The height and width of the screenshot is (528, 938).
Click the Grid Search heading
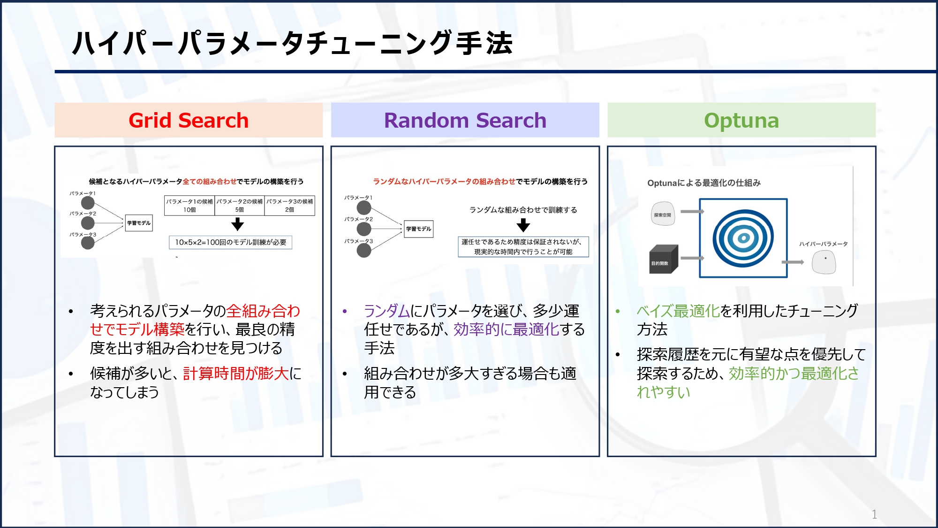[x=189, y=121]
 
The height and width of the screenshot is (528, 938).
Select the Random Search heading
[x=465, y=121]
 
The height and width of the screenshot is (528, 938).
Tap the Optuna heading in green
[x=741, y=121]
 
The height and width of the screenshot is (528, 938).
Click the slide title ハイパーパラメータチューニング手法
[x=292, y=43]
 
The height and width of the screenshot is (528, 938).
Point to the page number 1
[x=874, y=514]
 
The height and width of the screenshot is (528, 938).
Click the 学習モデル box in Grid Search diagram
[x=139, y=223]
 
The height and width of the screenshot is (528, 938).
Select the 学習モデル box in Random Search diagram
[x=418, y=229]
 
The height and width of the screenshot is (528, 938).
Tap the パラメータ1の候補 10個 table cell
[x=189, y=206]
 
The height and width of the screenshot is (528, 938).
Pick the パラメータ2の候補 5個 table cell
[x=239, y=206]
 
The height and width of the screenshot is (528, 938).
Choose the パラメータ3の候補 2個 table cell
[x=289, y=206]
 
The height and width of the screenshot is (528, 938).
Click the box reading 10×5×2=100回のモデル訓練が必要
[x=230, y=242]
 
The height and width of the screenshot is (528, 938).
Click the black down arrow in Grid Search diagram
[x=238, y=224]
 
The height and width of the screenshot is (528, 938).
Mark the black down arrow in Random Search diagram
[x=523, y=225]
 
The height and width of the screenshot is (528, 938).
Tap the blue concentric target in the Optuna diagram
[x=743, y=238]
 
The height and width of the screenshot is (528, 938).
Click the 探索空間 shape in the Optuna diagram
[x=663, y=214]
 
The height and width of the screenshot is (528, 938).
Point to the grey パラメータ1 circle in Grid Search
[x=88, y=203]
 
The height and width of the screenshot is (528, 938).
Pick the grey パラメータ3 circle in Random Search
[x=364, y=251]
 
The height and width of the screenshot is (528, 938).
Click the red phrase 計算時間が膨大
[x=235, y=374]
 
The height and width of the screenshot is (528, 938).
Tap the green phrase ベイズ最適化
[x=678, y=311]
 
